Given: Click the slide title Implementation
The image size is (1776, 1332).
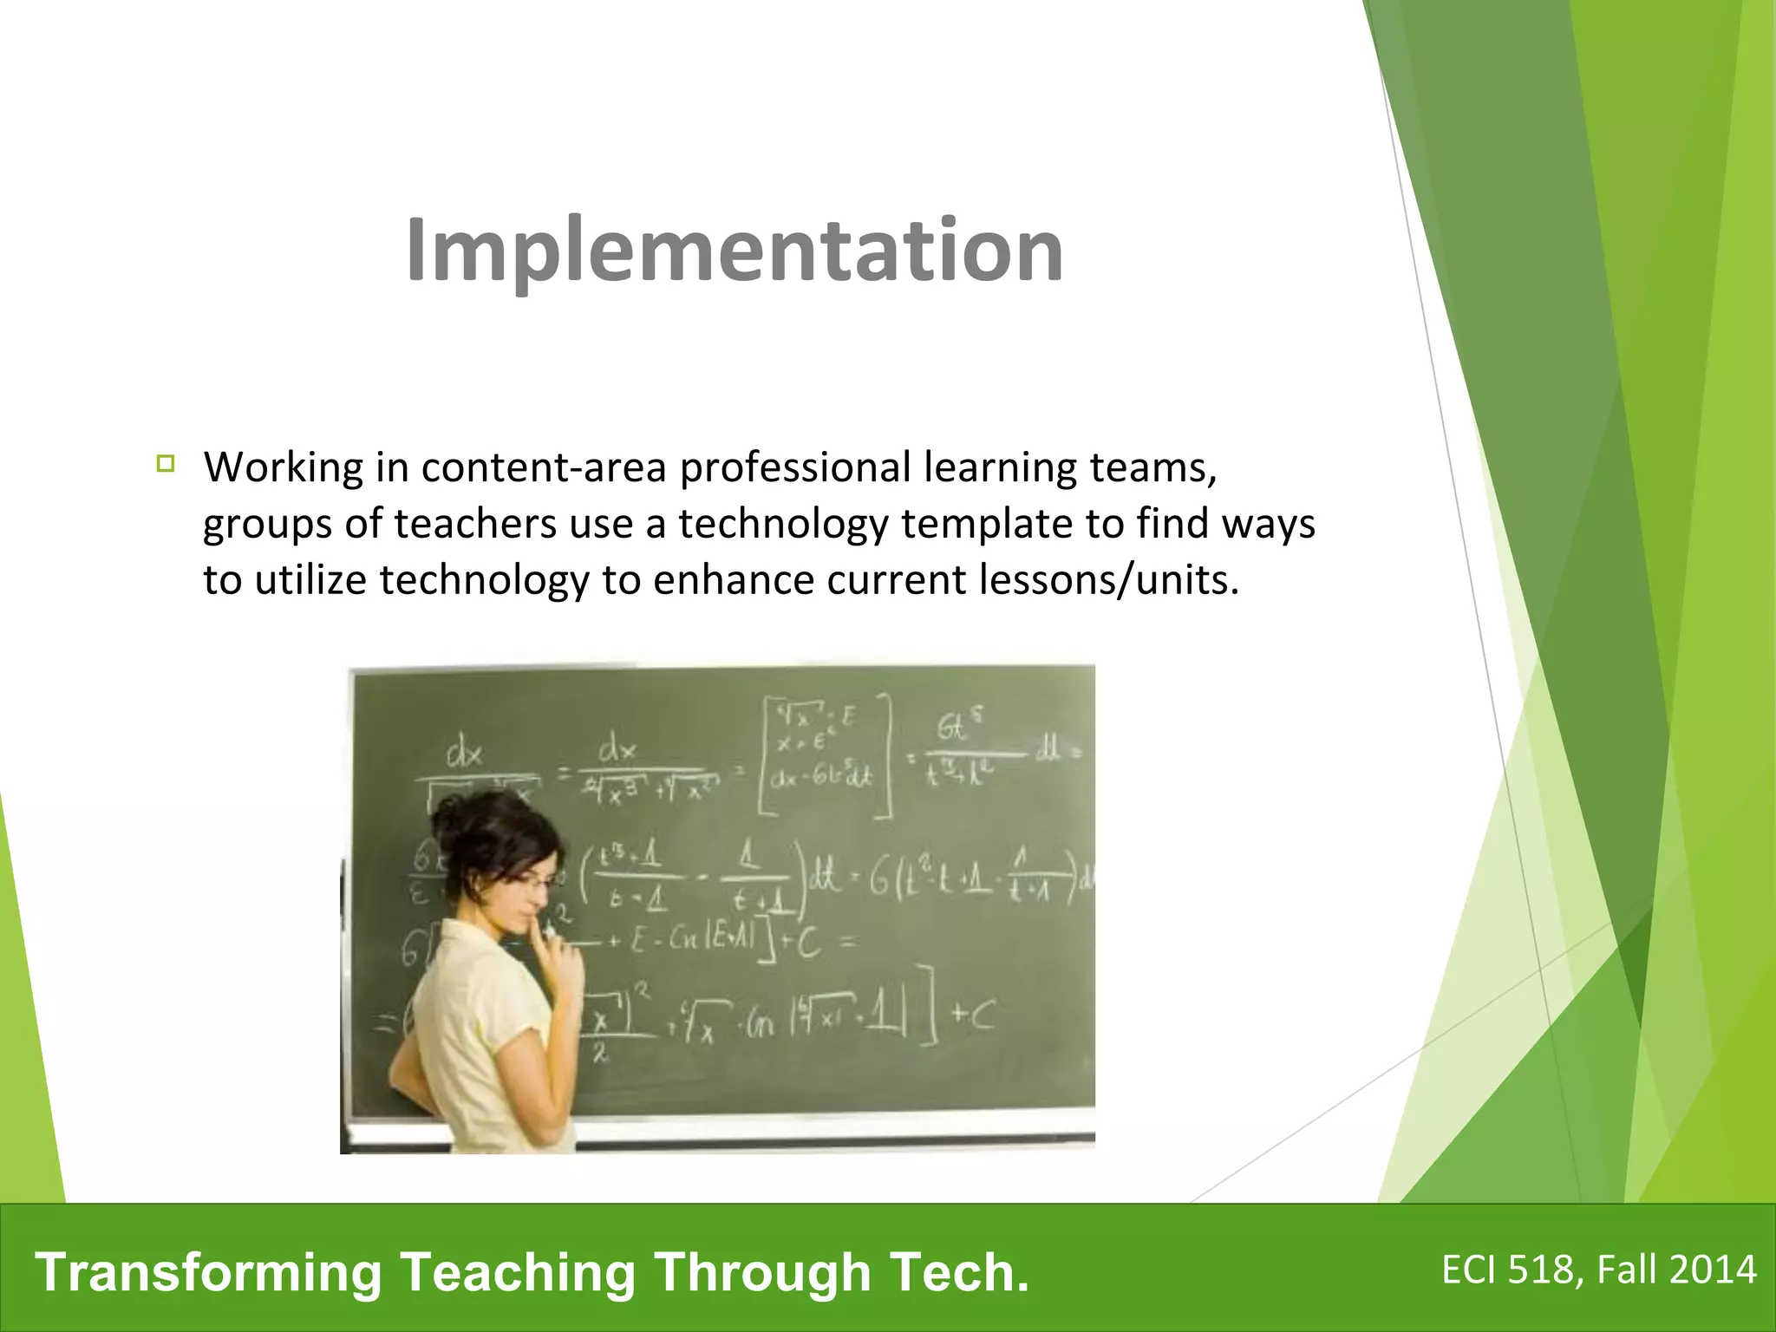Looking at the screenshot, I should pyautogui.click(x=734, y=250).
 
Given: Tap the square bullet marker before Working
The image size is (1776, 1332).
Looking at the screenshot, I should pyautogui.click(x=166, y=463).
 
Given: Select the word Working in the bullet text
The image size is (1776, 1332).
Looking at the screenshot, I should pyautogui.click(x=284, y=468).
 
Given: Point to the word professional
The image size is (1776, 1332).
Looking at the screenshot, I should pyautogui.click(x=794, y=468).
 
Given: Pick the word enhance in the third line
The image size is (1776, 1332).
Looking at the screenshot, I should pyautogui.click(x=733, y=580).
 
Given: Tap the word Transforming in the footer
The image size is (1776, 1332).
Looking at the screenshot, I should pyautogui.click(x=209, y=1272).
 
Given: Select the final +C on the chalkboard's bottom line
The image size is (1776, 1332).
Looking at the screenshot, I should pyautogui.click(x=974, y=1016).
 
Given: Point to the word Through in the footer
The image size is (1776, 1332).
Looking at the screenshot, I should pyautogui.click(x=762, y=1272).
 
